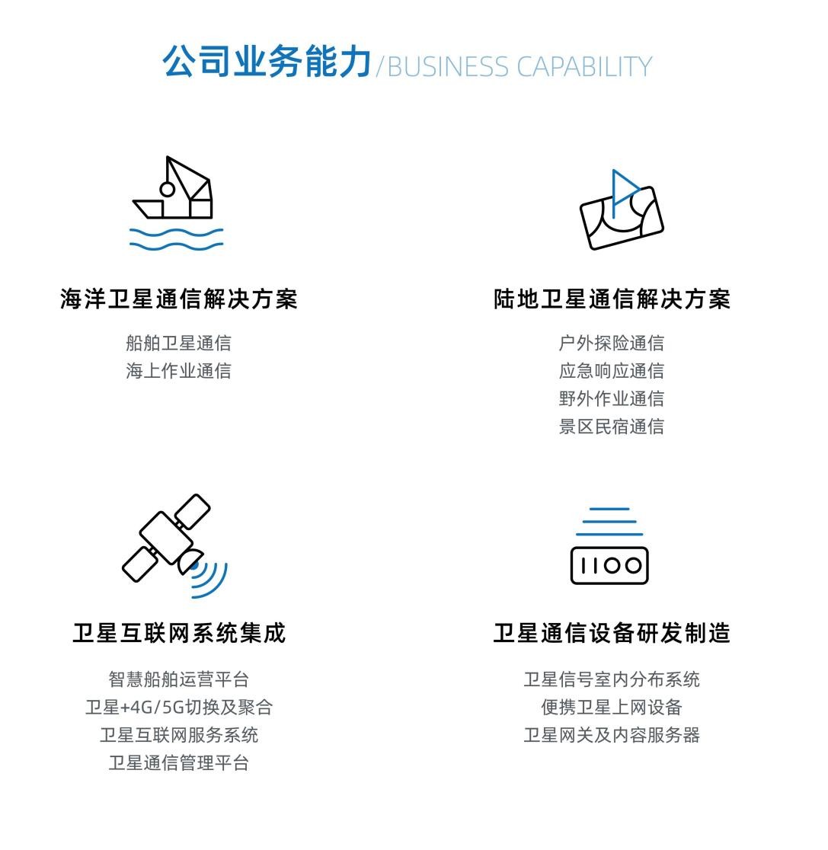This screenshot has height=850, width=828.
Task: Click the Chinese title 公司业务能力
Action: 267,61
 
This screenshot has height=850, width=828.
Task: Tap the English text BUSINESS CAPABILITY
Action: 519,67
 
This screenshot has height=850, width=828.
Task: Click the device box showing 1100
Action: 609,565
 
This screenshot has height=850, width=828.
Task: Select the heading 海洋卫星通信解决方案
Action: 178,299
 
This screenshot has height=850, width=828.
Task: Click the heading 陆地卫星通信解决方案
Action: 612,299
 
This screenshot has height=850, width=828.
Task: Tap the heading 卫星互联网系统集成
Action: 179,633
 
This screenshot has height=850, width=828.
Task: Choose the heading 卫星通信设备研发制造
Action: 612,633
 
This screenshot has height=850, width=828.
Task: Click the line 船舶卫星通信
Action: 178,344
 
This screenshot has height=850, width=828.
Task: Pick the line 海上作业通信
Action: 178,372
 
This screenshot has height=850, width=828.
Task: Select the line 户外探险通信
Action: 612,344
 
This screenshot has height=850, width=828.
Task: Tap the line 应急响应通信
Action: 612,372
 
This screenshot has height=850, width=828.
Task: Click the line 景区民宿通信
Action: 612,427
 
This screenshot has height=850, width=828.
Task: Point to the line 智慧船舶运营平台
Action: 178,679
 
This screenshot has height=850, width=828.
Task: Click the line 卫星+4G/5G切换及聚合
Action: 179,708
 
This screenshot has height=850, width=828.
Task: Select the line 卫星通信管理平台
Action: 178,763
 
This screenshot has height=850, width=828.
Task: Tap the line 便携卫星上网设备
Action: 612,708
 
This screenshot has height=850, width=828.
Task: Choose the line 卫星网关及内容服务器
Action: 612,736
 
